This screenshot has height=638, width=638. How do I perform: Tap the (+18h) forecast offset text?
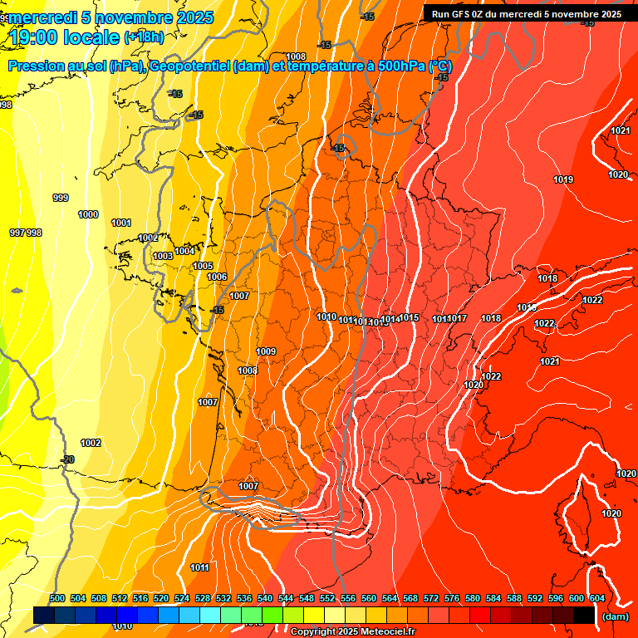point(144,37)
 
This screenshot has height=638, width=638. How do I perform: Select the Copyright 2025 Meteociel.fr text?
point(352,632)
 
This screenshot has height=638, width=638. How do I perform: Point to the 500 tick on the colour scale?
point(57,598)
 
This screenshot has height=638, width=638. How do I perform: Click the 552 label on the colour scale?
point(327,598)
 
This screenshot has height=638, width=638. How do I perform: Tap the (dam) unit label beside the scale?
point(616,617)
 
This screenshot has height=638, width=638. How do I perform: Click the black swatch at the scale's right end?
point(584,615)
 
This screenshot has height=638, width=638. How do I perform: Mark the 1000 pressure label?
point(88,214)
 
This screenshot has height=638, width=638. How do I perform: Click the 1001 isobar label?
point(121,223)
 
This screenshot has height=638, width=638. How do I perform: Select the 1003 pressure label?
point(163,256)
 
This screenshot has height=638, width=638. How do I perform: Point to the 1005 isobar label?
point(203,266)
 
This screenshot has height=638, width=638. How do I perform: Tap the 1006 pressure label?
point(217,277)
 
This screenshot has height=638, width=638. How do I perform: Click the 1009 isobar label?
point(266,351)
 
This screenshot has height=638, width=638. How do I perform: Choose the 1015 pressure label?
point(409,318)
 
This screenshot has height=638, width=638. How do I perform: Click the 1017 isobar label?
point(458,319)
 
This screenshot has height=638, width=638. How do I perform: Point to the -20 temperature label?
point(67,459)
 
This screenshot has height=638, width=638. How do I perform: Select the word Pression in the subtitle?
point(37,66)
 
